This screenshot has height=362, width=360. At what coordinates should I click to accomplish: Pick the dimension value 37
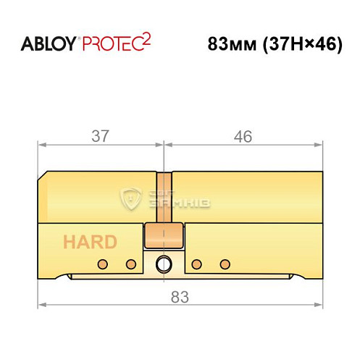[101, 135]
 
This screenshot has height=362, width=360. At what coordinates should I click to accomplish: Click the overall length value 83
[180, 297]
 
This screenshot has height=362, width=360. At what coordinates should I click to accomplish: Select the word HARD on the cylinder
[89, 242]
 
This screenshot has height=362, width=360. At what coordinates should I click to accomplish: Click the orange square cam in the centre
[162, 235]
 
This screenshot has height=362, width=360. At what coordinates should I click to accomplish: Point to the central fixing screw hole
[163, 263]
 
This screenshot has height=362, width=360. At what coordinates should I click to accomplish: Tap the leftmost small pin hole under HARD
[103, 262]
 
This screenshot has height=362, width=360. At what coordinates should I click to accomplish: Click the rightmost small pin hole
[225, 262]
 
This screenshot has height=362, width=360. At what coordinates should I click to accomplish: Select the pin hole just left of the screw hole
[131, 262]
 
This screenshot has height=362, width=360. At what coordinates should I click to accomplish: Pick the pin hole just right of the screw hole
[196, 262]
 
